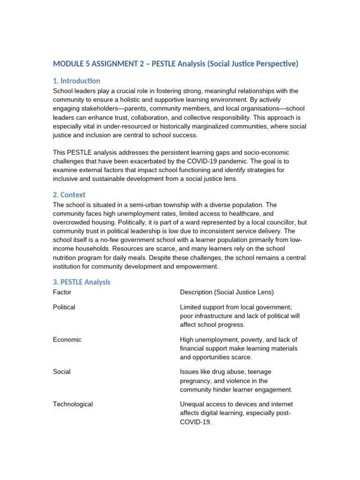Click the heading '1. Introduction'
coord(76,81)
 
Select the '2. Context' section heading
coord(69,195)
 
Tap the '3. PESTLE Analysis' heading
coord(82,282)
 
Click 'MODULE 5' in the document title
coord(73,64)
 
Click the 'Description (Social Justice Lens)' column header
coord(227,292)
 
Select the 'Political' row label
coord(64,307)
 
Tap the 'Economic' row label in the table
coord(67,340)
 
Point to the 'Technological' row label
coord(73,404)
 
